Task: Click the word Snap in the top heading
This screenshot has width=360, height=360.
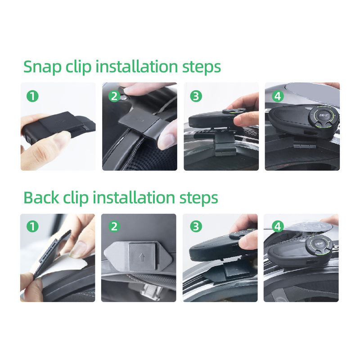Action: pos(42,67)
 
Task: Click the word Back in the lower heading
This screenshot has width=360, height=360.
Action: pos(41,198)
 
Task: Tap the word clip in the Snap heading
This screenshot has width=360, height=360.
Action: pos(78,67)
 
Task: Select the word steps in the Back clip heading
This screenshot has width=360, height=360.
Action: pos(198,198)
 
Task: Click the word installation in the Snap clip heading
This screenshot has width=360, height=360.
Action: pos(137,66)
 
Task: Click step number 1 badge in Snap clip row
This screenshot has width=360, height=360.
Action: pos(32,96)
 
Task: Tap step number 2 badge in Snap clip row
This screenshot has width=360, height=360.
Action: pos(114,96)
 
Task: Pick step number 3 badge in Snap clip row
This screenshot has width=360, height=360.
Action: pos(196,96)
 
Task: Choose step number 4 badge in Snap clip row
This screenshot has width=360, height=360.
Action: pos(278,96)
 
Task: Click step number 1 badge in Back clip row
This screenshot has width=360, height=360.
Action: pos(32,226)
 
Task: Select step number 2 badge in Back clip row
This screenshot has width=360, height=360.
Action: pos(114,226)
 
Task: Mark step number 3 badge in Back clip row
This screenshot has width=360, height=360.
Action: pos(196,226)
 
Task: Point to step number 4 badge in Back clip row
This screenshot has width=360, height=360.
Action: pos(278,226)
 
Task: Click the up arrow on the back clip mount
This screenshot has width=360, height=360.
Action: pos(142,257)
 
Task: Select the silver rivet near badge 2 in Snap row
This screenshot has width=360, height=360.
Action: pos(124,98)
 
